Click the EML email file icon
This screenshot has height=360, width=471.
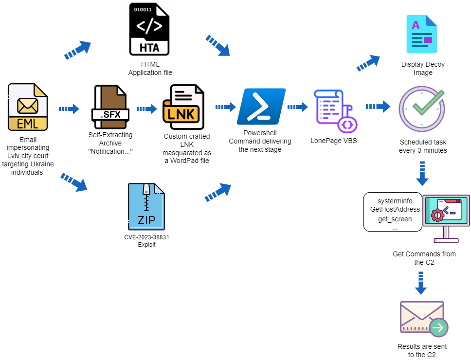[x=28, y=107]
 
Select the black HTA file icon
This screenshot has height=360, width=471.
[x=149, y=29]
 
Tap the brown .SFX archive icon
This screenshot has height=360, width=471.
[x=110, y=107]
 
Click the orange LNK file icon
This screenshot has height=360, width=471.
[x=183, y=107]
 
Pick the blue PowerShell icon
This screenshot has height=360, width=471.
[x=261, y=106]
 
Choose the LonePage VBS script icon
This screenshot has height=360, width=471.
[x=336, y=111]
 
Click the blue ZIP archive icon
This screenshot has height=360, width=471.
[x=146, y=207]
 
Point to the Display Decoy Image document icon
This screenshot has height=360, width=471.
[x=422, y=34]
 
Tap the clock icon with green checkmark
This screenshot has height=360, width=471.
[x=422, y=108]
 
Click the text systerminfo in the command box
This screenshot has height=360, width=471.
[x=395, y=201]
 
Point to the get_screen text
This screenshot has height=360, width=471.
[x=395, y=219]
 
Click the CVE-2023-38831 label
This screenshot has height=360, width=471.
[x=146, y=237]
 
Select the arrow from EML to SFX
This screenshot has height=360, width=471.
[x=69, y=108]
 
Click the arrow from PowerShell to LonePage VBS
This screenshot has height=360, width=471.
[x=298, y=107]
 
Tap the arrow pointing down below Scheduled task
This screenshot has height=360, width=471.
[x=422, y=174]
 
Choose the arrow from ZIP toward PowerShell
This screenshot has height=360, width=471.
[x=218, y=193]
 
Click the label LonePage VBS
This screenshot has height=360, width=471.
[x=334, y=141]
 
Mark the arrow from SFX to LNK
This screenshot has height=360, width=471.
[x=147, y=108]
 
